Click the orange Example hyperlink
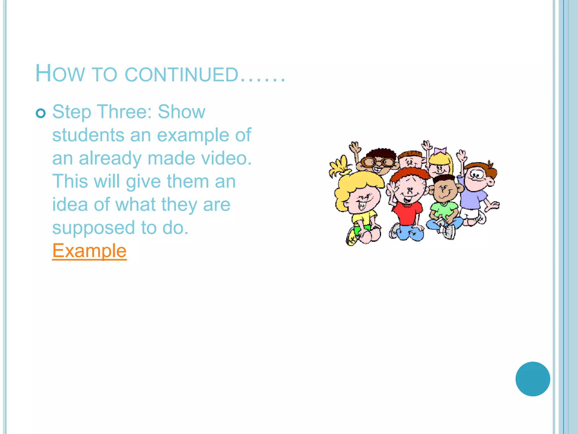[x=89, y=251]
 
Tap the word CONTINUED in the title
[x=182, y=75]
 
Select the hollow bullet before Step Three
[x=41, y=113]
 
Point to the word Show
[x=181, y=112]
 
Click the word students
[x=88, y=135]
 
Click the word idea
[x=70, y=205]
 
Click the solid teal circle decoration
[x=533, y=379]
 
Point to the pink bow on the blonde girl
[x=440, y=150]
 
